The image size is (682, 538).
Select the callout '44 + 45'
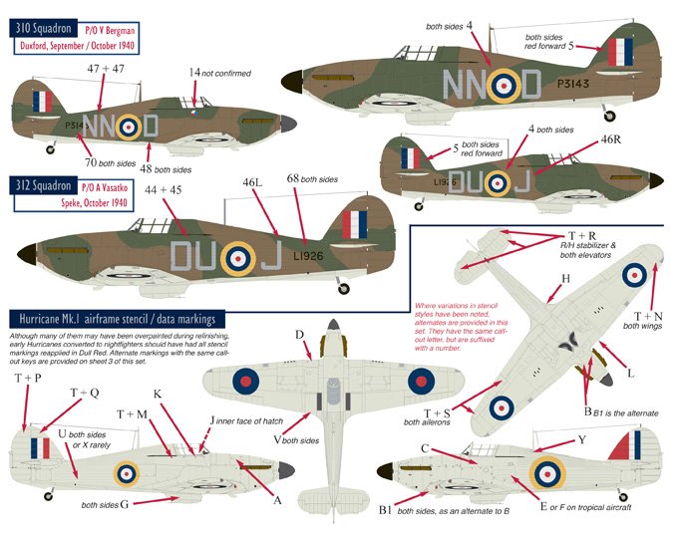pyautogui.click(x=165, y=189)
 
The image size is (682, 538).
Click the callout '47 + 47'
pyautogui.click(x=106, y=68)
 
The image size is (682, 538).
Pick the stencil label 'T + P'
pyautogui.click(x=29, y=379)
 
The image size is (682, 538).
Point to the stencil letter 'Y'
pyautogui.click(x=582, y=439)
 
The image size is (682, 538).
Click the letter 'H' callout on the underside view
pyautogui.click(x=566, y=279)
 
